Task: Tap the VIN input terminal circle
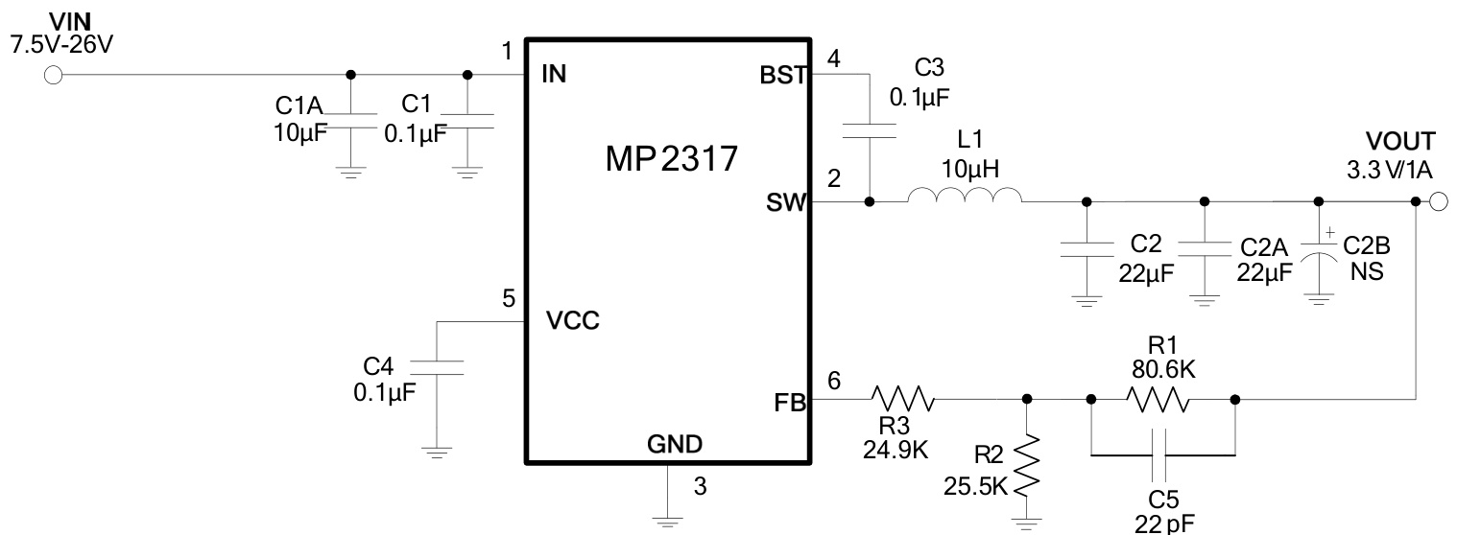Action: [x=53, y=76]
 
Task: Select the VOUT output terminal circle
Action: [x=1438, y=201]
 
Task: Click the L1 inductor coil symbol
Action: [x=965, y=198]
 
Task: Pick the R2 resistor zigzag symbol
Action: [x=1027, y=466]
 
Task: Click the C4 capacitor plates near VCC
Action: [x=437, y=366]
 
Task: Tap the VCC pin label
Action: [x=573, y=321]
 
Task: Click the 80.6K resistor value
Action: [x=1161, y=369]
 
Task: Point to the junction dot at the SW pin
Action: [x=869, y=202]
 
